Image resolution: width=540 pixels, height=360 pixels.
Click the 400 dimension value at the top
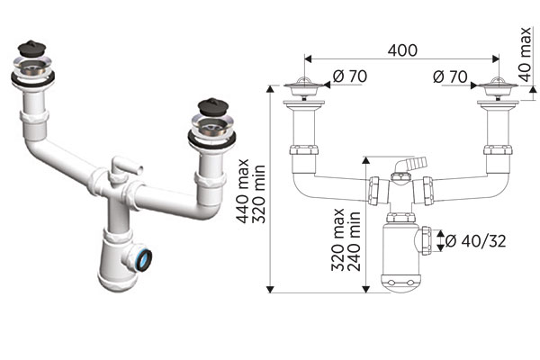(x=402, y=50)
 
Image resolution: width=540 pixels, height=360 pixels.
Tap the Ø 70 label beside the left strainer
(x=350, y=76)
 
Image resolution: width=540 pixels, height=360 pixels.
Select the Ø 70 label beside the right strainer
(x=450, y=76)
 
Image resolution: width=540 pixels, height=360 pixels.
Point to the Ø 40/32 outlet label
(x=476, y=241)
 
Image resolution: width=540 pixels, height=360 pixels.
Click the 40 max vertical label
(x=526, y=54)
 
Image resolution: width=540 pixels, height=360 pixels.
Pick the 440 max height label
(x=244, y=191)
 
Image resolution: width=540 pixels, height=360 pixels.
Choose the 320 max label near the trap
(x=338, y=239)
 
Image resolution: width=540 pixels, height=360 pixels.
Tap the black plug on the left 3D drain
(x=32, y=49)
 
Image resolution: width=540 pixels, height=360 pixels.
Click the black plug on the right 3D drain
(x=212, y=107)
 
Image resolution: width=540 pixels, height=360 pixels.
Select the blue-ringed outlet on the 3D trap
(x=144, y=260)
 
